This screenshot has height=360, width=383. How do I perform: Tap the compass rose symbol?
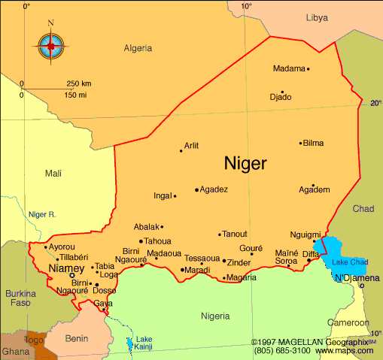point(51,46)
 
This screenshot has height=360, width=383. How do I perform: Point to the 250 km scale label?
point(79,83)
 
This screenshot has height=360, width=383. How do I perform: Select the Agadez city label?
point(214,189)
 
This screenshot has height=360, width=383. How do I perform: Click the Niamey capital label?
point(62,268)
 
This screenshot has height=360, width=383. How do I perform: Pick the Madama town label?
point(289,68)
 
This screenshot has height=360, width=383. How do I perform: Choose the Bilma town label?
point(313,143)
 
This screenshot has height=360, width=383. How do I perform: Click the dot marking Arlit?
point(181,151)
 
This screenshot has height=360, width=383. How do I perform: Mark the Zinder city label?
point(239,262)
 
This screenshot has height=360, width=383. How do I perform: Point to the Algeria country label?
point(138,48)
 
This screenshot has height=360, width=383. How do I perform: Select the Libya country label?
point(317,17)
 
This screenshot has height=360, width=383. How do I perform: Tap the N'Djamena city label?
point(357,278)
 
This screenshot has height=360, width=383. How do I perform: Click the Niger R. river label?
point(43,214)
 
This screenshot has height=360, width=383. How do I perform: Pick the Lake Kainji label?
point(143,343)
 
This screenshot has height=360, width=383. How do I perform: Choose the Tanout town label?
point(235,234)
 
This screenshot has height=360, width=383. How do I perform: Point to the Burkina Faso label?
point(21,298)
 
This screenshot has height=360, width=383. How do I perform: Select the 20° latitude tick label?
point(375,104)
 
